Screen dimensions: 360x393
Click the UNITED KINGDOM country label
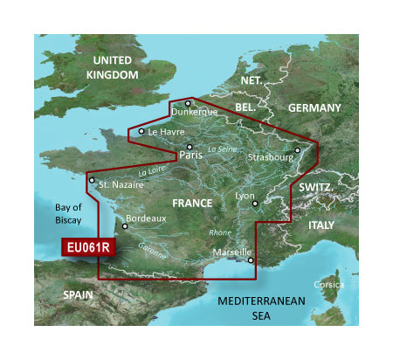(x=112, y=67)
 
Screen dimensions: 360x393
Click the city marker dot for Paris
(x=189, y=146)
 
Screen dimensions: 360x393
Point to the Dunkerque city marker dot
(x=187, y=103)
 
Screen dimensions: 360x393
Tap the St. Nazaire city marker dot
(x=91, y=181)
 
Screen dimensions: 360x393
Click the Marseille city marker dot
(x=251, y=259)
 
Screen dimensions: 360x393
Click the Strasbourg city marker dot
(x=297, y=149)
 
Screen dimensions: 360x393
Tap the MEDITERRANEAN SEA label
(x=263, y=307)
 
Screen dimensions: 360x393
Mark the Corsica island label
(x=330, y=285)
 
